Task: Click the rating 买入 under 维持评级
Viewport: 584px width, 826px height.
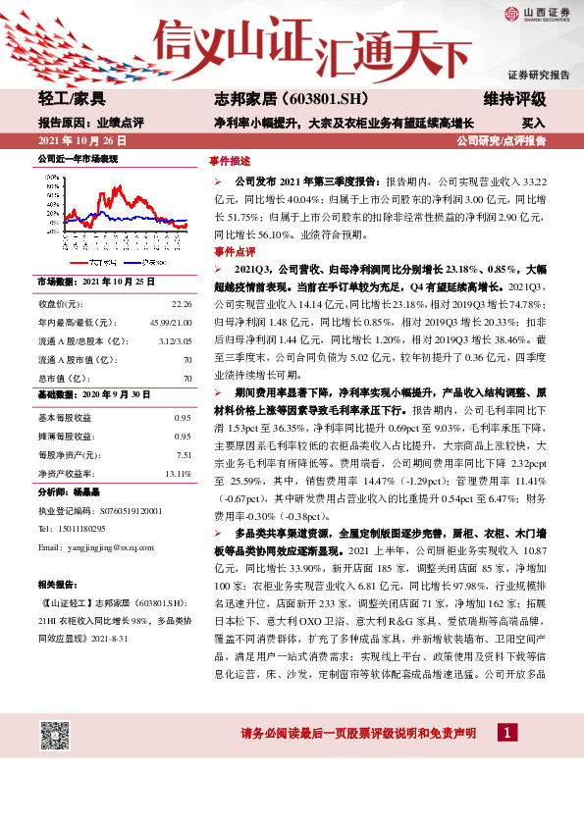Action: click(x=533, y=124)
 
